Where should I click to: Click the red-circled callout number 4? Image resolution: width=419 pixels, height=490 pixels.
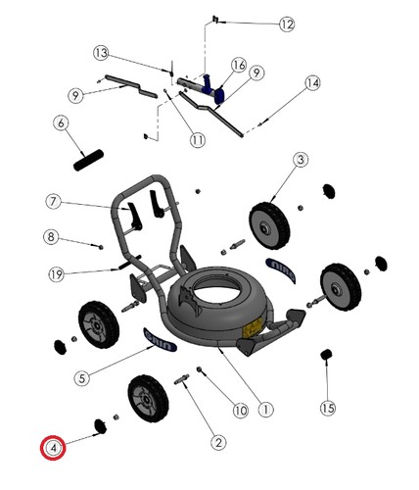[53, 448]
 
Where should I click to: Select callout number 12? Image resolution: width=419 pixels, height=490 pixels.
[287, 24]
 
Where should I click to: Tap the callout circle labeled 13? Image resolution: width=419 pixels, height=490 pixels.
[101, 53]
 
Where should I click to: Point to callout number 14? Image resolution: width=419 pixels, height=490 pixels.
[312, 83]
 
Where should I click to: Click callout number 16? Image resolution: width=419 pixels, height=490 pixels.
[239, 66]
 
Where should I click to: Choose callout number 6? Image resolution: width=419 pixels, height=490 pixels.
[61, 123]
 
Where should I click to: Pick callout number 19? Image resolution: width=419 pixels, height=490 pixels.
[57, 274]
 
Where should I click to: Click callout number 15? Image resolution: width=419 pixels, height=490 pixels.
[328, 408]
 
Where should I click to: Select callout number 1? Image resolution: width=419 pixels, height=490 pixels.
[265, 410]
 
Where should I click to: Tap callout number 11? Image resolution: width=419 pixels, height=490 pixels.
[198, 140]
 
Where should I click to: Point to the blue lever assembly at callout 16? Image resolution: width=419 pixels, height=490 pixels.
[213, 89]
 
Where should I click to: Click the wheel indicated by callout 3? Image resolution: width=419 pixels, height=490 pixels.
[269, 225]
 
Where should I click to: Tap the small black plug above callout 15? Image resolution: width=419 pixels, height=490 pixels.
[326, 355]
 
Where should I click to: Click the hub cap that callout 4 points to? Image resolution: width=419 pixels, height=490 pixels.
[101, 426]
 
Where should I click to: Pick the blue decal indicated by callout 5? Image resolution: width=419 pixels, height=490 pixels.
[161, 340]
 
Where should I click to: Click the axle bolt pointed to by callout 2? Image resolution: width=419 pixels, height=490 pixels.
[182, 379]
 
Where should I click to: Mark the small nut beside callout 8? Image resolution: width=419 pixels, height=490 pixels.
[101, 247]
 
